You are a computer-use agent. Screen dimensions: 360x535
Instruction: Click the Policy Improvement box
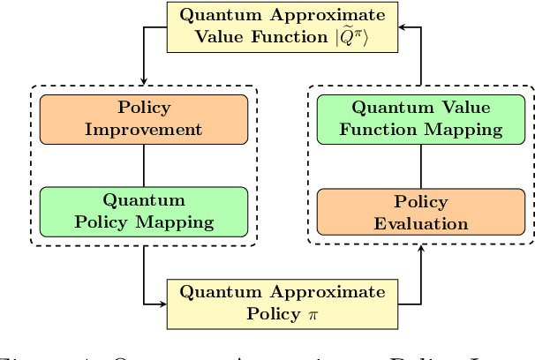(143, 119)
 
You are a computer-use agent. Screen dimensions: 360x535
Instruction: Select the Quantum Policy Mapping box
(143, 211)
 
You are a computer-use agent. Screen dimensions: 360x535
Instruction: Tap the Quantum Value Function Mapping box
(420, 119)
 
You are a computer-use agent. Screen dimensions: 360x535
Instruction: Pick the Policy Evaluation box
(420, 213)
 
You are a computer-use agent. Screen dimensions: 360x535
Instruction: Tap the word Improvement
(143, 130)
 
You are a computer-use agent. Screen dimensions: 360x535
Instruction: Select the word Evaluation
(420, 223)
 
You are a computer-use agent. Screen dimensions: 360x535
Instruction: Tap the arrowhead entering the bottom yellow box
(162, 304)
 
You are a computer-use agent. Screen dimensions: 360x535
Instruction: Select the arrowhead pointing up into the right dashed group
(420, 250)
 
